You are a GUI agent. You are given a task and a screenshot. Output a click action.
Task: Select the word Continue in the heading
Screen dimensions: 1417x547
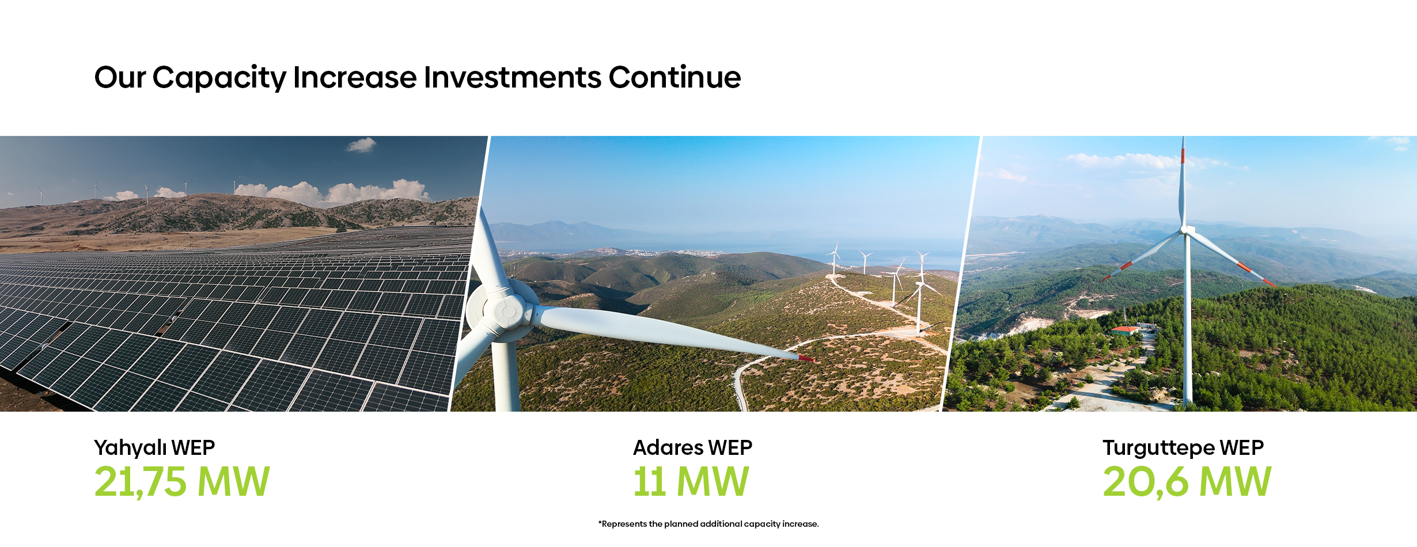click(x=675, y=77)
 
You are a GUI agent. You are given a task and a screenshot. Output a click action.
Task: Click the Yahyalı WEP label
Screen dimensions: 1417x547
click(x=154, y=448)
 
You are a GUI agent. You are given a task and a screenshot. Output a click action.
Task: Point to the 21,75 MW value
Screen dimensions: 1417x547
click(x=182, y=481)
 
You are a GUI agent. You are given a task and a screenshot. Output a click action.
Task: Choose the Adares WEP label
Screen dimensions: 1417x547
click(x=692, y=447)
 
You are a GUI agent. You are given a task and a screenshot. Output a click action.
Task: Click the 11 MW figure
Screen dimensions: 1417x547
click(x=691, y=481)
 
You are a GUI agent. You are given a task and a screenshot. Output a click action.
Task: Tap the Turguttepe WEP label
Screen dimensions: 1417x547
click(x=1183, y=448)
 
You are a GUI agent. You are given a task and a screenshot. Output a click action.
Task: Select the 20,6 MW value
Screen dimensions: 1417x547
click(x=1187, y=481)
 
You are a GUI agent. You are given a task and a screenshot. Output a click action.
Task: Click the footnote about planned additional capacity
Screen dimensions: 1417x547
click(x=708, y=524)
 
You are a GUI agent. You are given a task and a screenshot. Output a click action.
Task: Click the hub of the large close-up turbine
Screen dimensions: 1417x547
click(x=507, y=311)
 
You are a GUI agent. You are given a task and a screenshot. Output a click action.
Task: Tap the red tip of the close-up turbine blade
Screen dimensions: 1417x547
click(x=806, y=359)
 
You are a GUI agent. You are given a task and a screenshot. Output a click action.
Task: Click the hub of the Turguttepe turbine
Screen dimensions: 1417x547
click(x=1185, y=230)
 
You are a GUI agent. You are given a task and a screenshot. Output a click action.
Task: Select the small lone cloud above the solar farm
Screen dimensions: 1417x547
click(x=361, y=145)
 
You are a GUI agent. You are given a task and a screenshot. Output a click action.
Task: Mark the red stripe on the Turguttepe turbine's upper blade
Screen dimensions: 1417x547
click(x=1183, y=155)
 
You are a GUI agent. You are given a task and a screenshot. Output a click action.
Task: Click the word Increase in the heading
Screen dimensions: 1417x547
click(x=355, y=77)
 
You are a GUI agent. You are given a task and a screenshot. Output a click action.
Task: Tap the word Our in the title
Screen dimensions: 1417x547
click(x=120, y=77)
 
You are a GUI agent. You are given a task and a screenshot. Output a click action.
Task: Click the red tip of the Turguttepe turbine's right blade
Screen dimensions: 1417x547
click(x=1269, y=282)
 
